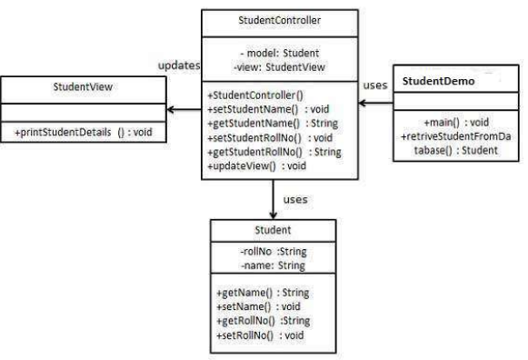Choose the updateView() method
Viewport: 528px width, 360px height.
pos(256,166)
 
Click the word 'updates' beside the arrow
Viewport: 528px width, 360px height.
pos(177,67)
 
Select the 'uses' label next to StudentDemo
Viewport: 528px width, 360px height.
pos(375,85)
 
